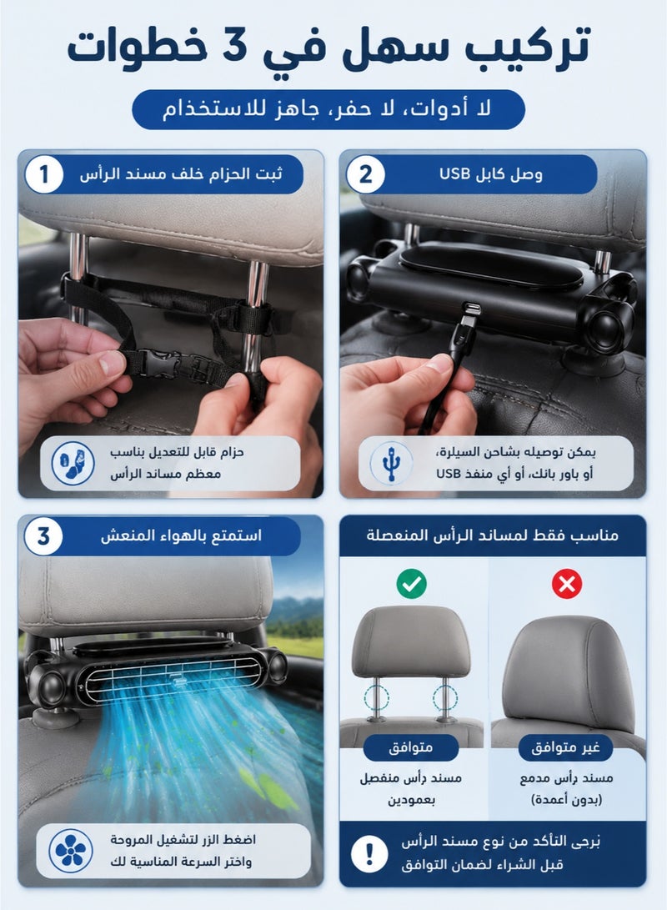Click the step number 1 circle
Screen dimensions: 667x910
tap(43, 174)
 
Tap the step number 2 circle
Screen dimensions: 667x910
tap(365, 174)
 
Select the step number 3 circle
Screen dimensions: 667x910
tap(43, 536)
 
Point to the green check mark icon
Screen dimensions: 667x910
tap(411, 583)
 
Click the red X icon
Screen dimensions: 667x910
tap(567, 583)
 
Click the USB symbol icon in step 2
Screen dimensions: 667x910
tap(392, 463)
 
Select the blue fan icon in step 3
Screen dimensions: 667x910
tap(71, 850)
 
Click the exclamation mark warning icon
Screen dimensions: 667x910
tap(369, 853)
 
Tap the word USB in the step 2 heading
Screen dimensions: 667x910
tap(454, 173)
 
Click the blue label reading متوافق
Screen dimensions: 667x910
tap(411, 747)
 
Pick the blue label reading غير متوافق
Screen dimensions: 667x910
tap(565, 747)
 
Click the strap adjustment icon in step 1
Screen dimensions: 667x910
tap(73, 463)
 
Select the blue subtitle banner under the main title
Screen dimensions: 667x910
tap(328, 109)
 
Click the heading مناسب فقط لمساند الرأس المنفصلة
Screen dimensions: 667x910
tap(492, 535)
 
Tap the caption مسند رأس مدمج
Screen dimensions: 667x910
tap(566, 777)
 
